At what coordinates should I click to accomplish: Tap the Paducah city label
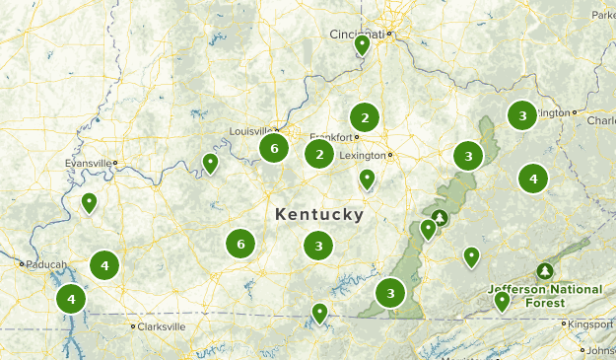[46, 264]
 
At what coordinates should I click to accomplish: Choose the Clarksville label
[161, 326]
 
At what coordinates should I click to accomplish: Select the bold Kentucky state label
[318, 214]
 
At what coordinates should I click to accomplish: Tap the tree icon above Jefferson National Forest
[544, 271]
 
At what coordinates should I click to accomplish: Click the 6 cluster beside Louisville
[274, 149]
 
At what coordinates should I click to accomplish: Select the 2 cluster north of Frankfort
[365, 118]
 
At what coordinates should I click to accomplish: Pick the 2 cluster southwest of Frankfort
[318, 154]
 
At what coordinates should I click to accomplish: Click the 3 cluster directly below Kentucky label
[318, 246]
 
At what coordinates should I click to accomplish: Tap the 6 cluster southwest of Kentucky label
[240, 243]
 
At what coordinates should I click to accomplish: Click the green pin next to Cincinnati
[362, 44]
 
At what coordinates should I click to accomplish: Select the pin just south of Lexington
[367, 179]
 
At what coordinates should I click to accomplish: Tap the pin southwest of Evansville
[89, 203]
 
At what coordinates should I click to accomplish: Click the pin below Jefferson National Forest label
[502, 301]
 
